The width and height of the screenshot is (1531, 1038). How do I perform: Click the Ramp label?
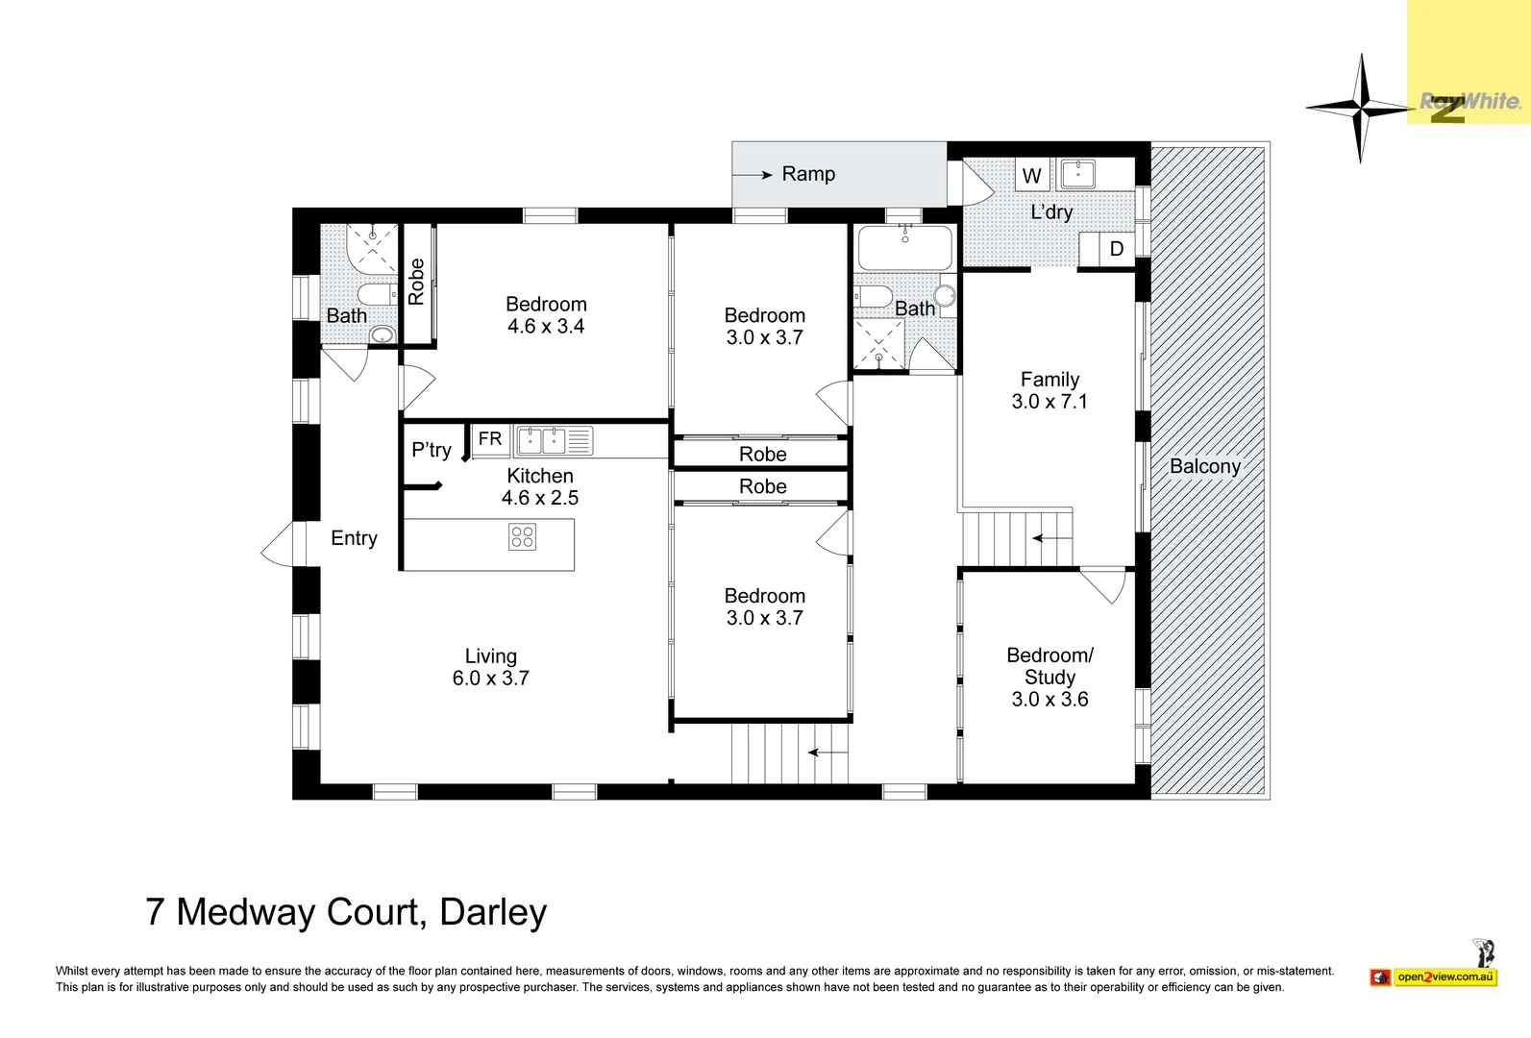pyautogui.click(x=808, y=174)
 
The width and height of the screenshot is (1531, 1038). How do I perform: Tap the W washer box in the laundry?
pyautogui.click(x=1032, y=176)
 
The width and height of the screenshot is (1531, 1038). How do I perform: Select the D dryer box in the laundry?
pyautogui.click(x=1116, y=249)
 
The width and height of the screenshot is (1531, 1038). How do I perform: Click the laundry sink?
pyautogui.click(x=1078, y=174)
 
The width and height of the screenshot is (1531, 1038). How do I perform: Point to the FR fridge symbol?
pyautogui.click(x=490, y=439)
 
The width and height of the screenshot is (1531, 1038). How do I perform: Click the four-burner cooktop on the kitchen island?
pyautogui.click(x=522, y=536)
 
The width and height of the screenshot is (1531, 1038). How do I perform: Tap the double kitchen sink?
pyautogui.click(x=542, y=441)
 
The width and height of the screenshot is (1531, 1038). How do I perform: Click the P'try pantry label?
pyautogui.click(x=431, y=450)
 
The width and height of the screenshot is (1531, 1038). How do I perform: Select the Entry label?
pyautogui.click(x=354, y=538)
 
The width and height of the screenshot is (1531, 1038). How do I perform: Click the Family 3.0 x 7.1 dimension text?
pyautogui.click(x=1049, y=402)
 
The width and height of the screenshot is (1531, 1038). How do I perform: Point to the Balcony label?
pyautogui.click(x=1205, y=466)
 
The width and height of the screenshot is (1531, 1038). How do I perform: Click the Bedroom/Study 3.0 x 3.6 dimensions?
pyautogui.click(x=1049, y=700)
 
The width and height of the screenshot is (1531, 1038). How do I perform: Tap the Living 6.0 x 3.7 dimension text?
pyautogui.click(x=490, y=679)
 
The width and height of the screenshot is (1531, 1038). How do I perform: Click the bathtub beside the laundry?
pyautogui.click(x=904, y=249)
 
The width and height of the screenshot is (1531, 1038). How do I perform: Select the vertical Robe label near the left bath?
pyautogui.click(x=416, y=282)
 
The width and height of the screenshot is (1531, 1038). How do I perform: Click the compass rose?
pyautogui.click(x=1360, y=108)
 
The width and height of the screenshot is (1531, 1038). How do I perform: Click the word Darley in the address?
pyautogui.click(x=493, y=912)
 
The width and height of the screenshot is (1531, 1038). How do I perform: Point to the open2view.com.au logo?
pyautogui.click(x=1445, y=977)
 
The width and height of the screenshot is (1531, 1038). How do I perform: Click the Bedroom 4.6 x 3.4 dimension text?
pyautogui.click(x=546, y=327)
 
